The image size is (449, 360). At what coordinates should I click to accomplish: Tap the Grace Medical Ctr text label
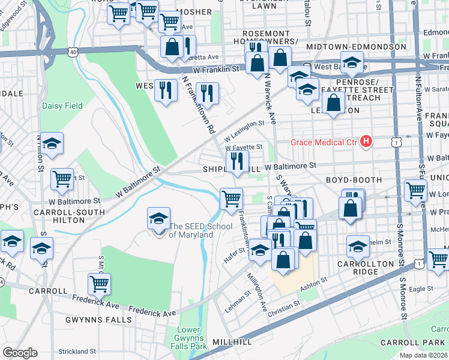(324, 142)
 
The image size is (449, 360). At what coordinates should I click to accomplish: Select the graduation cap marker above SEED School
(159, 219)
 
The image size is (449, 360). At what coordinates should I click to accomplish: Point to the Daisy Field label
(62, 106)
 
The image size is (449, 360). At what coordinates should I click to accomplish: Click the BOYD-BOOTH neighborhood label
(354, 179)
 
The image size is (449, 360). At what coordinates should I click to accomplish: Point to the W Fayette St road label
(244, 146)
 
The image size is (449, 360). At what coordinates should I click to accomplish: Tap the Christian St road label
(284, 306)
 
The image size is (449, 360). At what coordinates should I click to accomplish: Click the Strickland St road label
(77, 351)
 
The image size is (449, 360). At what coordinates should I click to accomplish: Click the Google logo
(20, 353)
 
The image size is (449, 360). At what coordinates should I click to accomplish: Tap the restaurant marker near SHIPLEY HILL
(237, 161)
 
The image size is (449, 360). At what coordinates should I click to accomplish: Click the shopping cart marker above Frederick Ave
(99, 284)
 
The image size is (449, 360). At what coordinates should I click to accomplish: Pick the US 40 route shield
(73, 52)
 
